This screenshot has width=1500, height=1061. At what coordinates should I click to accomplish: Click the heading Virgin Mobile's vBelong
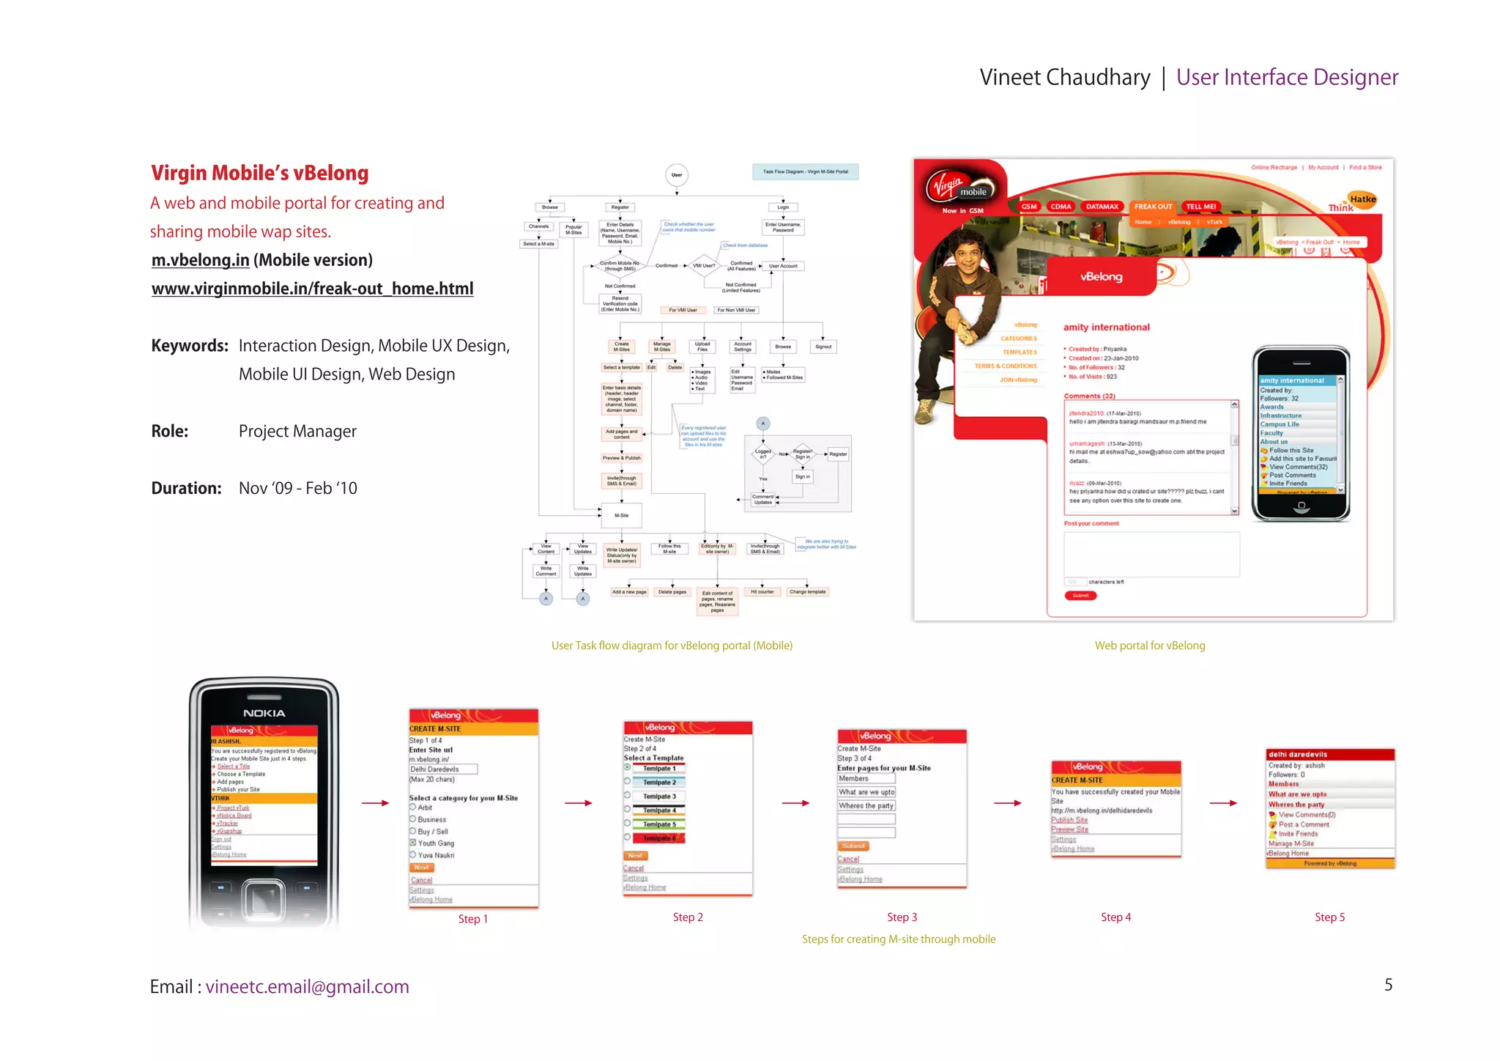(259, 173)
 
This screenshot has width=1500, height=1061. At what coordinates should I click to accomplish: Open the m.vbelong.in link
(200, 260)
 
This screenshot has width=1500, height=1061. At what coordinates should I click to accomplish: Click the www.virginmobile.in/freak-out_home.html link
(312, 289)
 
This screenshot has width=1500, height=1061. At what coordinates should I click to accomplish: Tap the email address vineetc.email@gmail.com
(307, 987)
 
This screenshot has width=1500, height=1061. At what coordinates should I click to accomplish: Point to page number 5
(1388, 985)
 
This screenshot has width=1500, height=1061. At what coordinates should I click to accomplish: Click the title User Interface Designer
(1287, 77)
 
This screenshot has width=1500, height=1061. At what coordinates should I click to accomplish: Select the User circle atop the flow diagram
(677, 174)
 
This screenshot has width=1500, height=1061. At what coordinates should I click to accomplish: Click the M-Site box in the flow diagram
(621, 515)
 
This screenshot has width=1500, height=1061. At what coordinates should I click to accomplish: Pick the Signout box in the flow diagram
(823, 347)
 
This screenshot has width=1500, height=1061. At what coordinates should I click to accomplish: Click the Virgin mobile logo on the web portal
(960, 187)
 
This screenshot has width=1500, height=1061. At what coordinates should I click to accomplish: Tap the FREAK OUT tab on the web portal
(1153, 207)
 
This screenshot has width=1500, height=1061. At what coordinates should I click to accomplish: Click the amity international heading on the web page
(1106, 328)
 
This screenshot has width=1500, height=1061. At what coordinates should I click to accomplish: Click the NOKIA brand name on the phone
(264, 713)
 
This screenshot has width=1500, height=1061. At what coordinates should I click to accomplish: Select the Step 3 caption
(902, 917)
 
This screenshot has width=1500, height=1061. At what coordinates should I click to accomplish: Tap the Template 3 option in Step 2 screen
(659, 796)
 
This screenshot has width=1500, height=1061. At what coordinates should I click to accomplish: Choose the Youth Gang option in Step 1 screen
(435, 843)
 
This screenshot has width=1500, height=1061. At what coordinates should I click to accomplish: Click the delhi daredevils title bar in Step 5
(1329, 754)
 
